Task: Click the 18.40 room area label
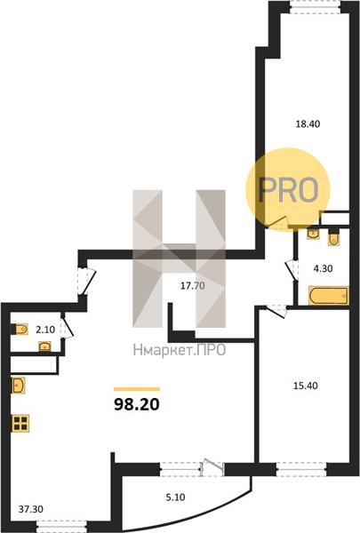(x=308, y=124)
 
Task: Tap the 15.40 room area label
(x=305, y=386)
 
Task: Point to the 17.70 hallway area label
(x=193, y=286)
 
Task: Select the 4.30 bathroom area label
(x=323, y=268)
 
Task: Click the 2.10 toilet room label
(x=45, y=330)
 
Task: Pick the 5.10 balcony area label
(x=176, y=497)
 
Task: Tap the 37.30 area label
(x=30, y=509)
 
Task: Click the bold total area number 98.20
(x=137, y=404)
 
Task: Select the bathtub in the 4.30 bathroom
(x=329, y=296)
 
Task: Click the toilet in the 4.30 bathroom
(x=333, y=239)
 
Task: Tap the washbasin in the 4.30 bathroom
(x=313, y=234)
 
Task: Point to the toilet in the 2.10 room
(x=20, y=329)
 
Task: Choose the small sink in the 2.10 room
(x=44, y=346)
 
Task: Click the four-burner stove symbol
(x=20, y=423)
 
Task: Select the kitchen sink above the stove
(x=18, y=386)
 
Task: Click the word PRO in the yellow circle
(x=288, y=190)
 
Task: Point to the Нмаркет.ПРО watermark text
(x=180, y=350)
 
